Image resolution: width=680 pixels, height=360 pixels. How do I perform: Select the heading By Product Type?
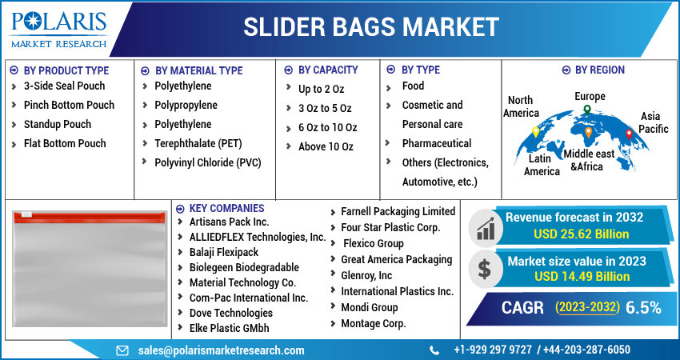point(66,70)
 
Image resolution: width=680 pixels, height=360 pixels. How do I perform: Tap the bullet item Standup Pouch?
point(58,124)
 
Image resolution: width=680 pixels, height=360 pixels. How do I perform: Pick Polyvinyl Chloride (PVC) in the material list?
point(207,162)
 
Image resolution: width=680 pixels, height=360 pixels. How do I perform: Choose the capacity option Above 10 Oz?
point(326,146)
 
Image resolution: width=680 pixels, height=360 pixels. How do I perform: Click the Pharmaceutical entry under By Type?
point(436,143)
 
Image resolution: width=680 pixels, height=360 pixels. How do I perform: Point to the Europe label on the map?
point(590,97)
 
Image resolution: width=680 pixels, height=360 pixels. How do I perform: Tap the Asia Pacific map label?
point(654,122)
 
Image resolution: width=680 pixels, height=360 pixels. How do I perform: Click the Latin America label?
point(542,166)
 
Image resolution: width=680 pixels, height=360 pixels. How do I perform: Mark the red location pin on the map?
point(629,134)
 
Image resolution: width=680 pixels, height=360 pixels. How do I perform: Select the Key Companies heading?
point(226,208)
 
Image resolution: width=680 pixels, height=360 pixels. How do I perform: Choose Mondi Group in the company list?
point(369,307)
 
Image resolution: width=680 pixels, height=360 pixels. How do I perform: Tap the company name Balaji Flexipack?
point(225,252)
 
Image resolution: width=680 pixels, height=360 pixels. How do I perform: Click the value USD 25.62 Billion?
point(581,234)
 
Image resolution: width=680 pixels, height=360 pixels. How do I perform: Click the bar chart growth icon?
point(484,228)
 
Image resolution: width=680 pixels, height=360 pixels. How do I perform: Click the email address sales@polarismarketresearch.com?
point(221,350)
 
